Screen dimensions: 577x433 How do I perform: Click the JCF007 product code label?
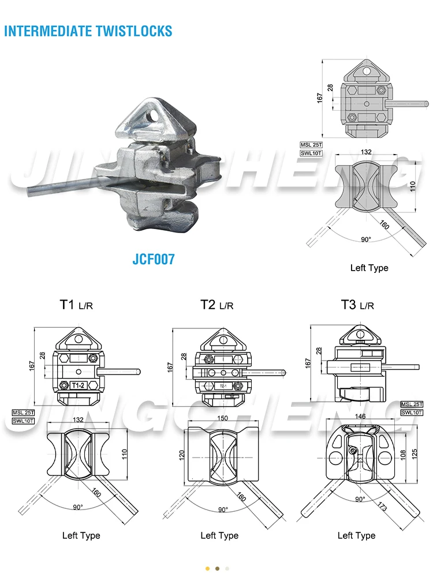tap(153, 259)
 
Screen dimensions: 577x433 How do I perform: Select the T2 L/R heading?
tap(216, 305)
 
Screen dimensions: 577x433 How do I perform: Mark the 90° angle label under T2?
tap(223, 509)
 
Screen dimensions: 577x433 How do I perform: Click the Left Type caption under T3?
tap(356, 535)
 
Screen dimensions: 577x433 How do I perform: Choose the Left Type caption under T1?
tap(81, 535)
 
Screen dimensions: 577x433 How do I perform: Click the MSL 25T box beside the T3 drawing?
tap(412, 404)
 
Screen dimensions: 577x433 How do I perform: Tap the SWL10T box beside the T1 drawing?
tap(24, 421)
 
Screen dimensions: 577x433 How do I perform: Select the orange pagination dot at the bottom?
tap(207, 568)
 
